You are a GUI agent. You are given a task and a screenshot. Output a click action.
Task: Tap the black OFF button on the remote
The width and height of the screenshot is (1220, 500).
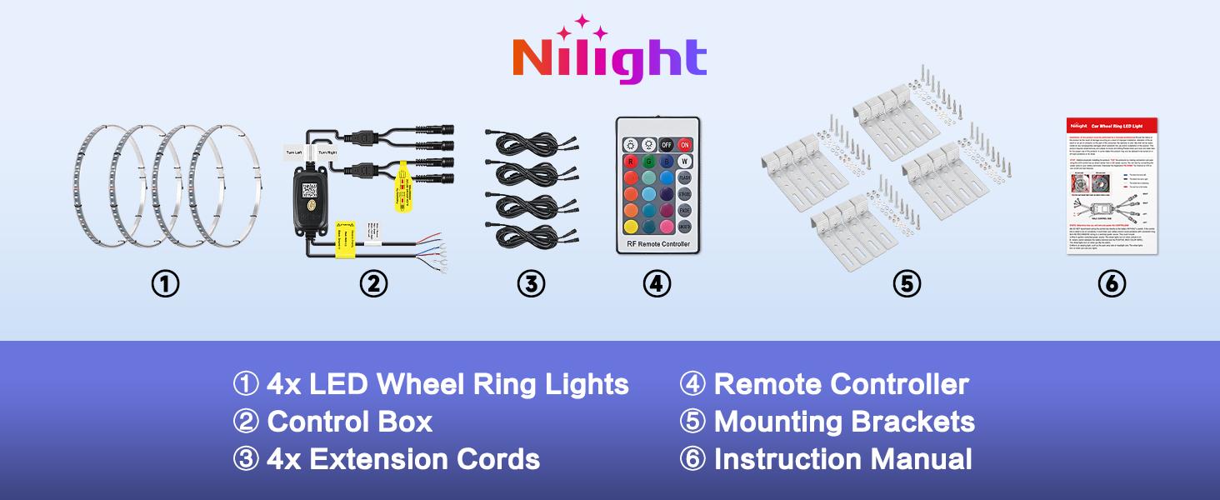pos(667,144)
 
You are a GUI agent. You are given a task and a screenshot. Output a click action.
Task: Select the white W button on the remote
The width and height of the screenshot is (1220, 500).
pos(684,162)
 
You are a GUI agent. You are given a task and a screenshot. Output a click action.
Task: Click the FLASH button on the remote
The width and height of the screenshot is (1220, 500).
pos(684,177)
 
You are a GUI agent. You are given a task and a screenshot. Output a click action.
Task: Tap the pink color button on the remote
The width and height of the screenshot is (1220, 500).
pos(666,227)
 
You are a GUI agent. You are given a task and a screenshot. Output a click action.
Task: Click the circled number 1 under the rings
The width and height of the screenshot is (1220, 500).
pos(165,284)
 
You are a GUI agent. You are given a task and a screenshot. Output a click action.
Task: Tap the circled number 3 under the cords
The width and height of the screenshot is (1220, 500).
pos(531,284)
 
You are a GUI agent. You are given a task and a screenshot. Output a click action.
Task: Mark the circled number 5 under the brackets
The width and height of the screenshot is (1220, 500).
pos(906,284)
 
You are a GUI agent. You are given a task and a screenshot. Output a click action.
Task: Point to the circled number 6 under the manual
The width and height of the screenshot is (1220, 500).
pos(1112,284)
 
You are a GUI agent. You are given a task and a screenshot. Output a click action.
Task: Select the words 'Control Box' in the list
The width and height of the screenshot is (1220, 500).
pos(349,422)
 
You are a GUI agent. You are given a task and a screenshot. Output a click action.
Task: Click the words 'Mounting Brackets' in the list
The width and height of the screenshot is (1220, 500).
pos(844,422)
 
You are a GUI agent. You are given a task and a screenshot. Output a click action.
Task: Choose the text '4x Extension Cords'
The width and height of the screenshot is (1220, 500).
pos(403,459)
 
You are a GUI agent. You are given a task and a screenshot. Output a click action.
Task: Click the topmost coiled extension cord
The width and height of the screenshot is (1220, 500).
pos(531,142)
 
